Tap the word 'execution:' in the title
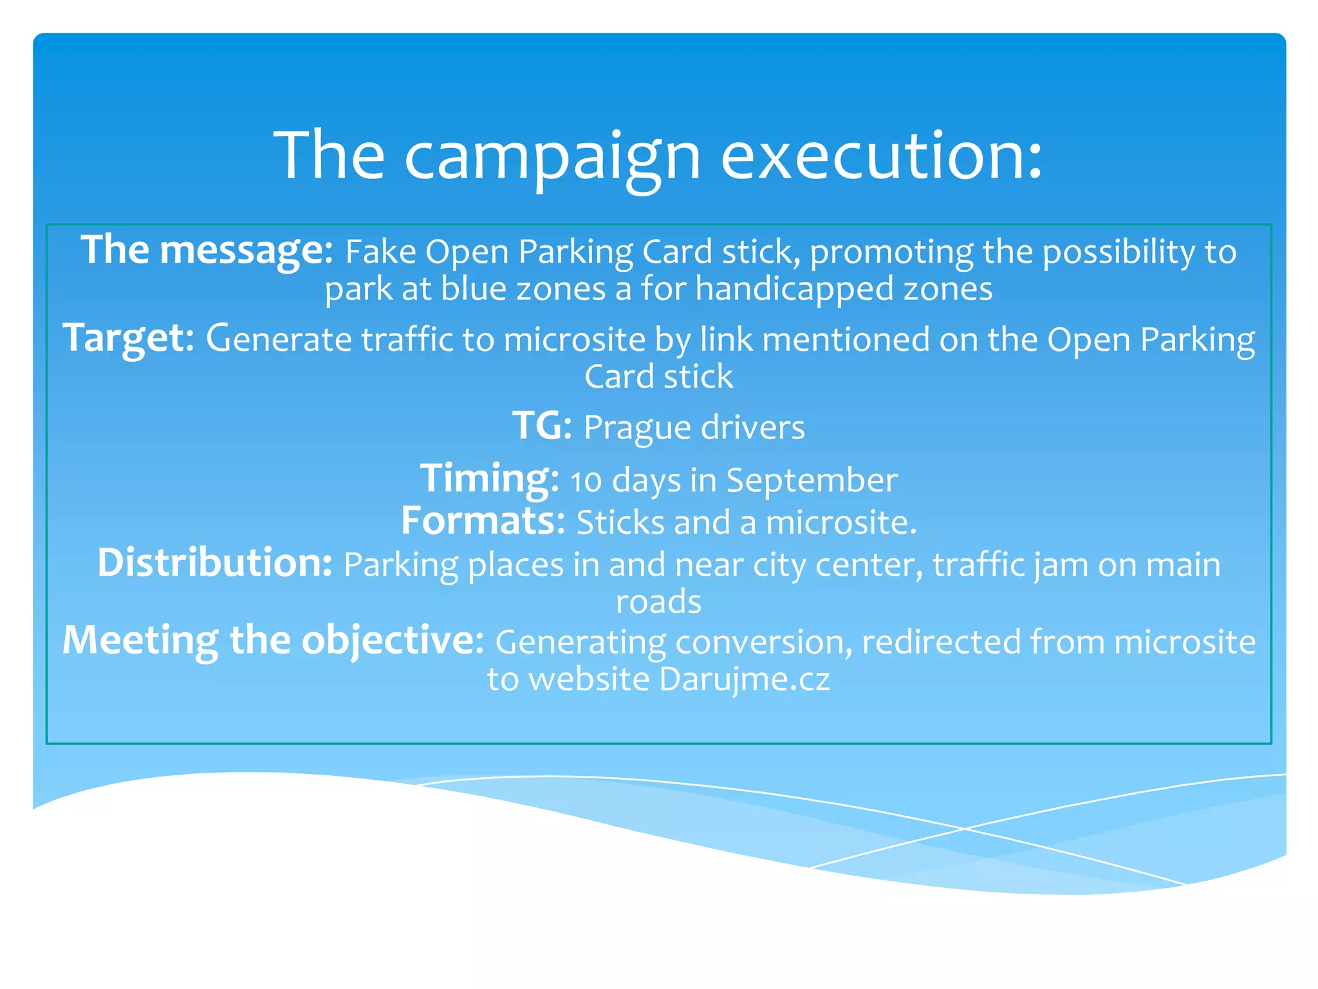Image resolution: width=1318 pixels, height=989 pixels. [x=881, y=156]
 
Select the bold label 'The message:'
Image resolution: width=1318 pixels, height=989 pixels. [x=207, y=250]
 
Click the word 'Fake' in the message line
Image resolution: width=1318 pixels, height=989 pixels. [x=380, y=252]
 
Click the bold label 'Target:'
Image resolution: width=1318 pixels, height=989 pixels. [x=128, y=339]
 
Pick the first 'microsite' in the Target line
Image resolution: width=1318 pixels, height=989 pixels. [x=574, y=340]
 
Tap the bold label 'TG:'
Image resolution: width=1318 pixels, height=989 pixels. [x=542, y=426]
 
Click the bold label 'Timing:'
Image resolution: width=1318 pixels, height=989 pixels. [x=489, y=479]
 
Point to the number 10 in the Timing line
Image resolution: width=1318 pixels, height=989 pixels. [x=586, y=482]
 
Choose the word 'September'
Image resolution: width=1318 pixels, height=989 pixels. [x=812, y=480]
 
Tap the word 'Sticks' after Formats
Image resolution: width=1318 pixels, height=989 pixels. [x=620, y=523]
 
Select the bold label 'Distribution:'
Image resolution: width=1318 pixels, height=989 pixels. [x=214, y=563]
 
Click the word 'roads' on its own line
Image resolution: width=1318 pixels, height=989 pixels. [x=658, y=602]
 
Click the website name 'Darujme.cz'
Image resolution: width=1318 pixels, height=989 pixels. [x=745, y=679]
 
